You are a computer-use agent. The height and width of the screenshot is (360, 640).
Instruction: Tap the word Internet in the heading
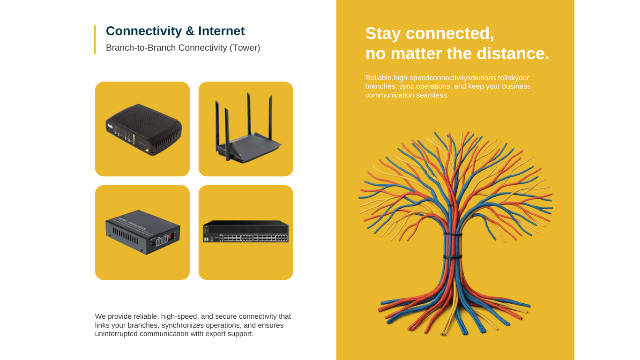[x=221, y=31]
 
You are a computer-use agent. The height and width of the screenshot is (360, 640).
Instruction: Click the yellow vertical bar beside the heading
[x=95, y=39]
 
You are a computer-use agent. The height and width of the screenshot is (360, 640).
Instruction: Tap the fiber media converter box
[x=142, y=233]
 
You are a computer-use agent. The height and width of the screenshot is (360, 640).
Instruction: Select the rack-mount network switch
[x=246, y=232]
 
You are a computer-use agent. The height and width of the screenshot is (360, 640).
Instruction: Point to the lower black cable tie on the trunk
[x=453, y=257]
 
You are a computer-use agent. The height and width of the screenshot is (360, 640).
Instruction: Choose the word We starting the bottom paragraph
[x=100, y=316]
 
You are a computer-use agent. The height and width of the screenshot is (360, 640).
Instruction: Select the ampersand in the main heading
[x=190, y=31]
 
